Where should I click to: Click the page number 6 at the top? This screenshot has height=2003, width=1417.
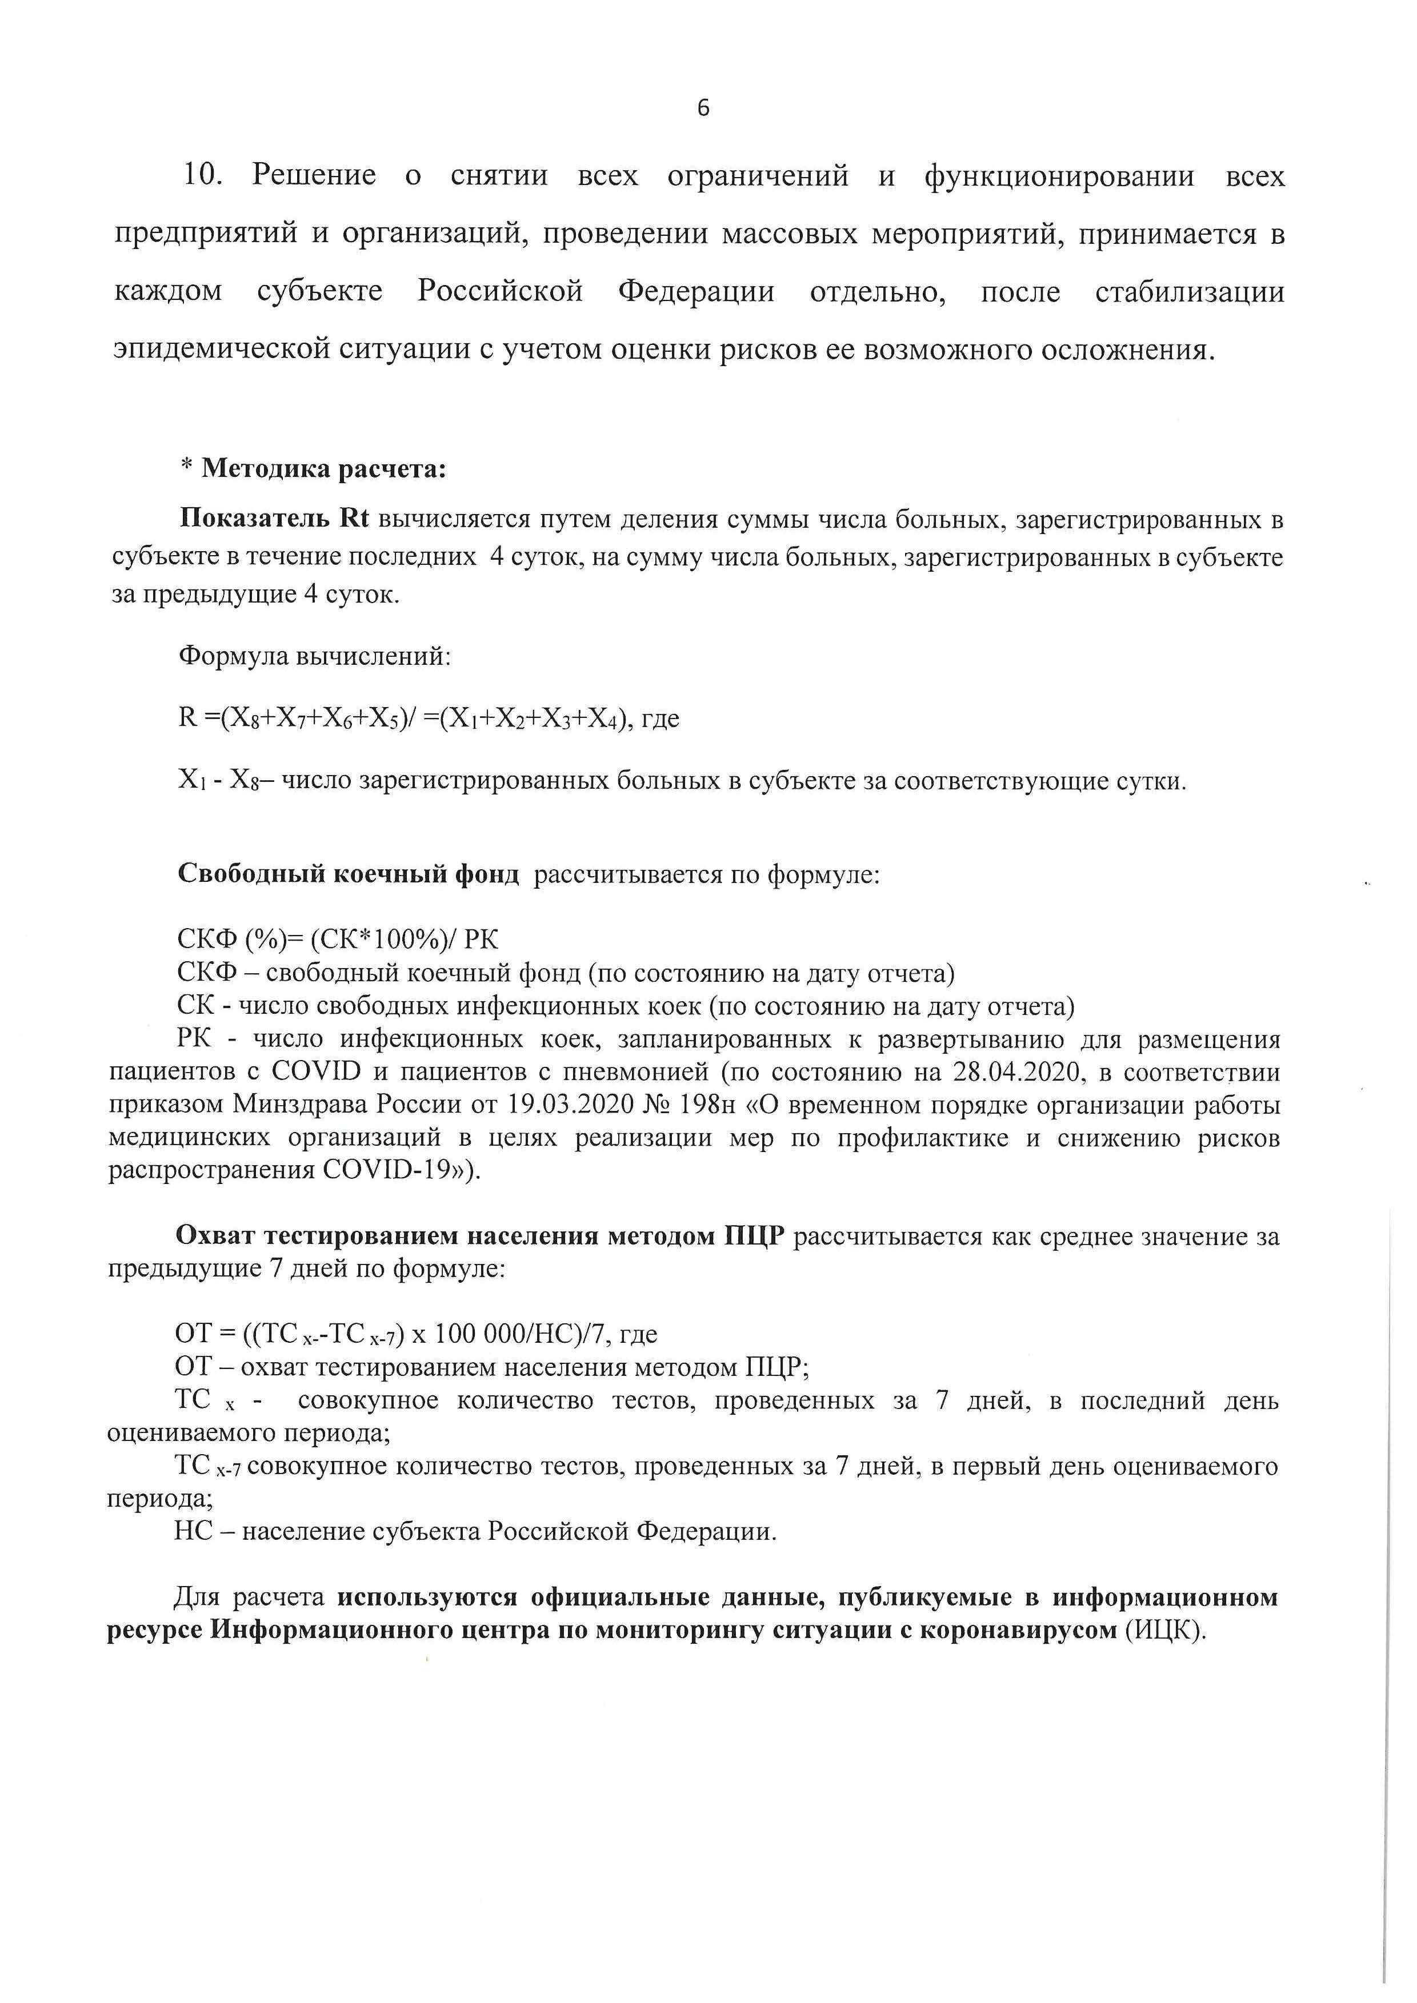click(703, 108)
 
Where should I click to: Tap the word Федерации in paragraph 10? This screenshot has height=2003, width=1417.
click(697, 291)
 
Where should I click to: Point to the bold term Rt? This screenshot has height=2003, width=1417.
click(353, 518)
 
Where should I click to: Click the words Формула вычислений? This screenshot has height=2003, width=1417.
click(314, 655)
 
